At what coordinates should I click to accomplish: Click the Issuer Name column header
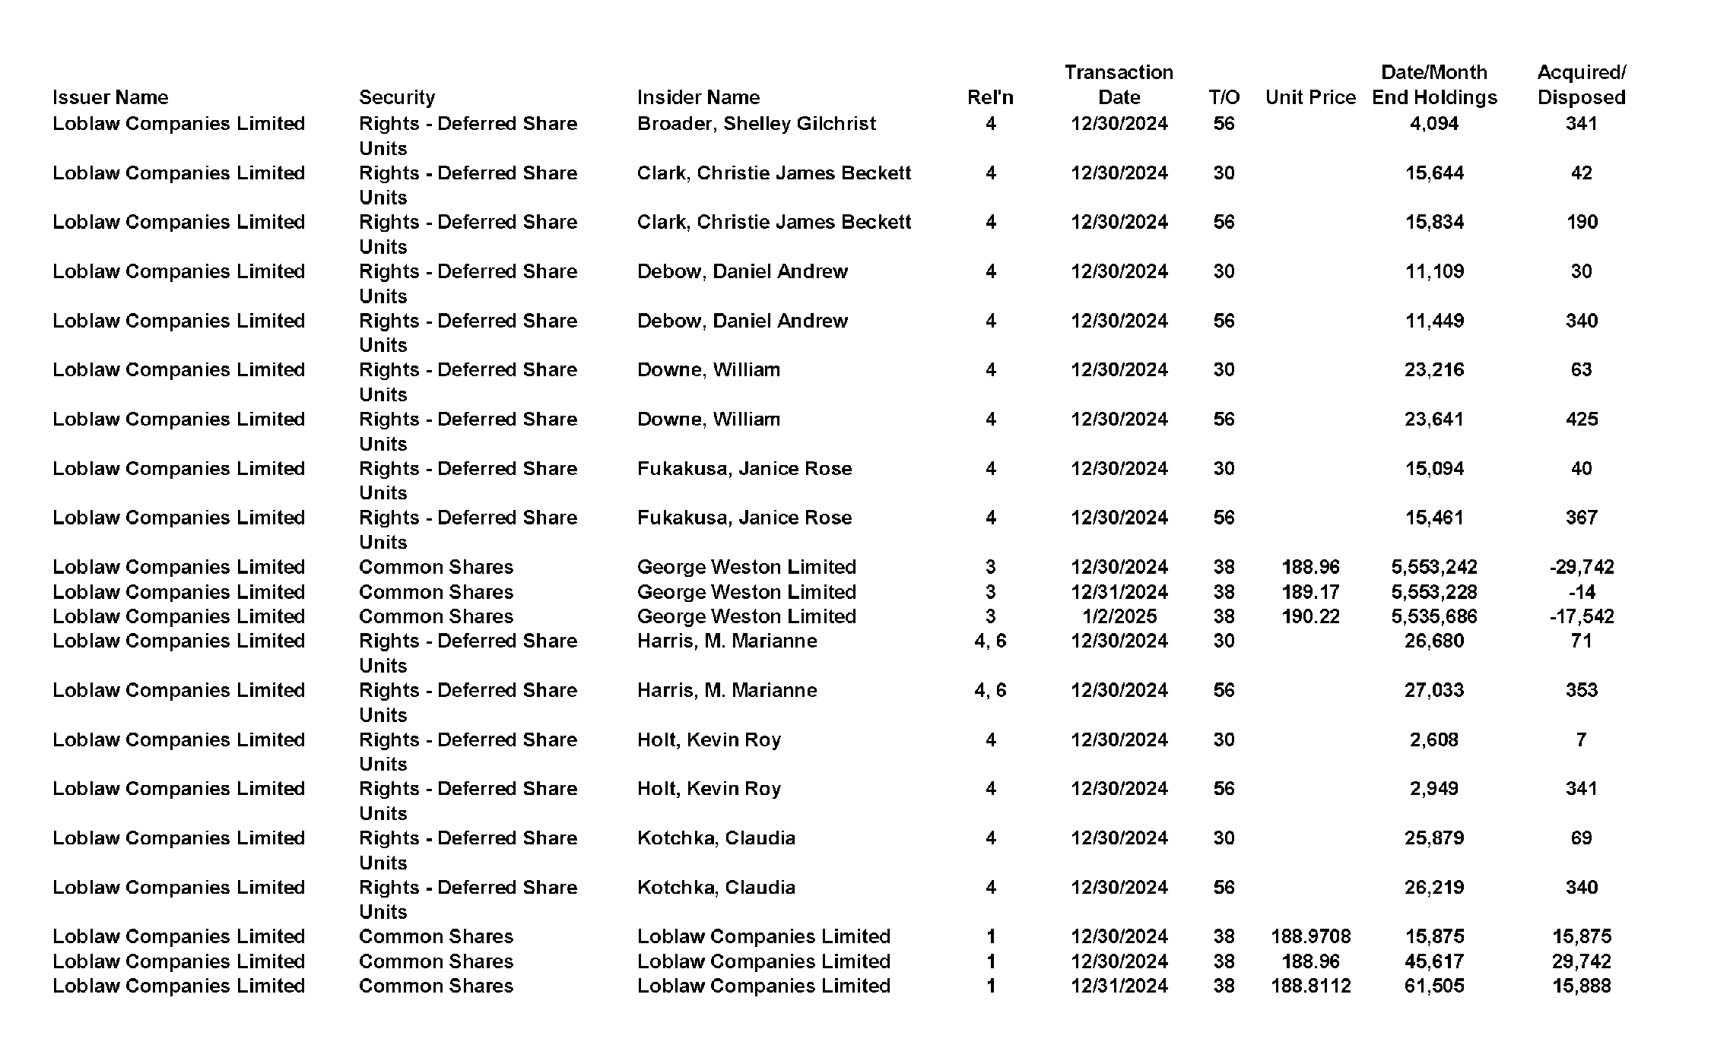[x=110, y=97]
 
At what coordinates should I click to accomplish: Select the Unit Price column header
[x=1310, y=97]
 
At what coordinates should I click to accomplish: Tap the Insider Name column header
[x=698, y=97]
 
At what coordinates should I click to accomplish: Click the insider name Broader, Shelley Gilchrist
[x=756, y=124]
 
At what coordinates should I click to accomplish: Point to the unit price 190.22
[x=1310, y=616]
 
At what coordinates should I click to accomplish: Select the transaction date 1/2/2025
[x=1119, y=616]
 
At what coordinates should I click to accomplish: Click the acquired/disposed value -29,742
[x=1581, y=567]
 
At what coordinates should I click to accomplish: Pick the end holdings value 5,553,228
[x=1434, y=592]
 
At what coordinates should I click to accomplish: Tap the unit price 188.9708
[x=1310, y=936]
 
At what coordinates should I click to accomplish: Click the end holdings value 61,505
[x=1434, y=986]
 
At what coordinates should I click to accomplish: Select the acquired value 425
[x=1581, y=420]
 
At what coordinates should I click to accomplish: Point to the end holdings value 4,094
[x=1434, y=124]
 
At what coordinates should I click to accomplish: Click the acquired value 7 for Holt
[x=1581, y=739]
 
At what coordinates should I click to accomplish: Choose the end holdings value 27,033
[x=1434, y=690]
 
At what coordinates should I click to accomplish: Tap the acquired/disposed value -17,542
[x=1581, y=616]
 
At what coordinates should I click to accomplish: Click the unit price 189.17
[x=1310, y=592]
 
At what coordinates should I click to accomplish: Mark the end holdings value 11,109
[x=1434, y=271]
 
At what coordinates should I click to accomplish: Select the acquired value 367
[x=1581, y=518]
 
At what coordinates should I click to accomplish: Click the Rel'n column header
[x=990, y=97]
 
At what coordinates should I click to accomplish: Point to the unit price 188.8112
[x=1310, y=986]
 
